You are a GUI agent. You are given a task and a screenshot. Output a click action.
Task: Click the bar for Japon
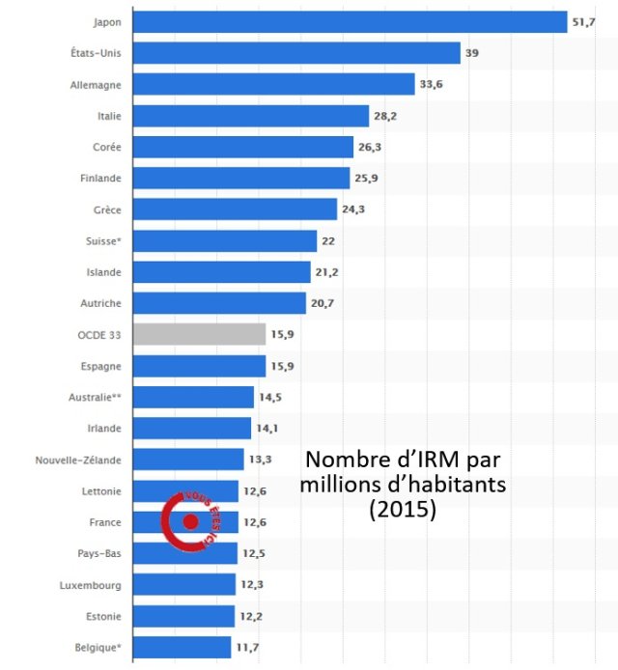[350, 21]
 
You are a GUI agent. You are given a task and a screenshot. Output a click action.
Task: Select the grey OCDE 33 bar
[199, 334]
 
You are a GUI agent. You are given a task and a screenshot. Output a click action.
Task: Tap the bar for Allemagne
[273, 84]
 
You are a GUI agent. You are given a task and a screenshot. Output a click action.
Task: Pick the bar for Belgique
[182, 647]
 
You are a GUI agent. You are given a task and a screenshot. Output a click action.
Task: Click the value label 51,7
[583, 21]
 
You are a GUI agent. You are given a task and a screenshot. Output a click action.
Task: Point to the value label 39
[472, 53]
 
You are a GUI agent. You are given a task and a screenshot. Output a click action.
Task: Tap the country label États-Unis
[96, 53]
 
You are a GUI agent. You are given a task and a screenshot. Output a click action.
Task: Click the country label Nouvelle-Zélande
[77, 460]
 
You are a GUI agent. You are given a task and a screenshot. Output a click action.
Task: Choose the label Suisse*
[102, 240]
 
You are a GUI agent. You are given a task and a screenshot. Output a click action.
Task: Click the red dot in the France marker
[190, 522]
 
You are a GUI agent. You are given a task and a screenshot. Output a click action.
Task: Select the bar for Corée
[242, 147]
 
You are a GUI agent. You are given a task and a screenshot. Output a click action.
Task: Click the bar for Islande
[221, 272]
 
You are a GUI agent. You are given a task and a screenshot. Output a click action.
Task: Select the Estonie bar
[183, 616]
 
